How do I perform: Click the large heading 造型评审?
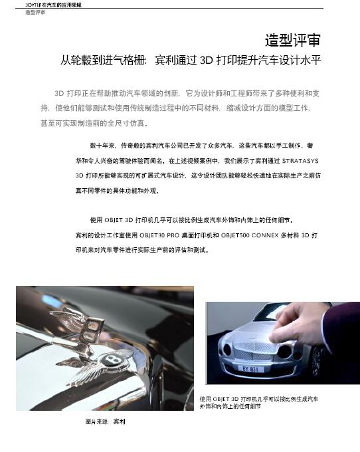(x=293, y=40)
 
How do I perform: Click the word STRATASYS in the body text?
(x=300, y=161)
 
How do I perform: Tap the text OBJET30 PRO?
(x=159, y=235)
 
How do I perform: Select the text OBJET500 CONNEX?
(x=250, y=235)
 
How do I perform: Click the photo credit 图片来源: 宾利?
(x=105, y=421)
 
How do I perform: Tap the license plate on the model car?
(x=250, y=369)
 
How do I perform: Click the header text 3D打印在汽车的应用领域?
(x=53, y=5)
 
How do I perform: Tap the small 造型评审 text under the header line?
(x=35, y=13)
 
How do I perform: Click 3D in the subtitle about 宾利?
(x=206, y=60)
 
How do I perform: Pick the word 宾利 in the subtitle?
(x=165, y=60)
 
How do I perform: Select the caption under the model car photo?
(x=259, y=402)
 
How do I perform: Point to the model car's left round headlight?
(x=227, y=350)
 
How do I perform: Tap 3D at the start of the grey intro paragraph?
(x=59, y=94)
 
